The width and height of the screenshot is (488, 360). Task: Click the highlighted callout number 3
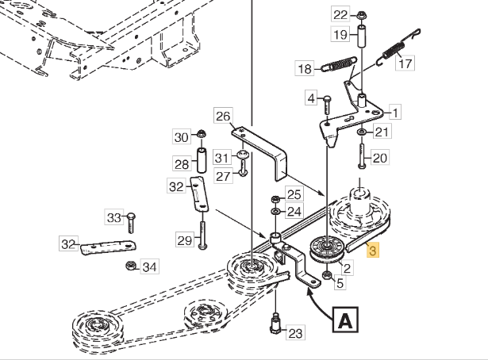[x=373, y=250]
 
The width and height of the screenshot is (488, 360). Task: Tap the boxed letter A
[x=345, y=320]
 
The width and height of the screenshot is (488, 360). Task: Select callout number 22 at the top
[x=340, y=14]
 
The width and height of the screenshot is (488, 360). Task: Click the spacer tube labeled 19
[x=361, y=36]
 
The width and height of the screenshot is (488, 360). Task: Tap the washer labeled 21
[x=361, y=132]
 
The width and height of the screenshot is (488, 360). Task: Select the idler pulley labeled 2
[x=327, y=249]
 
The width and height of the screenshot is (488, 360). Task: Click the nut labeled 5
[x=327, y=275]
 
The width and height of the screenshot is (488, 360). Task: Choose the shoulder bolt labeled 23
[x=275, y=324]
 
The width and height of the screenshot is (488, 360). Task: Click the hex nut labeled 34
[x=131, y=266]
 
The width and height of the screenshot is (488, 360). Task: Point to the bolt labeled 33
[x=131, y=223]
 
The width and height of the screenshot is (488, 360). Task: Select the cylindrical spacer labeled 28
[x=202, y=160]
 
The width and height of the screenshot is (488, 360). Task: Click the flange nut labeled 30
[x=202, y=134]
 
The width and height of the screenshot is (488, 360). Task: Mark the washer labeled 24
[x=275, y=212]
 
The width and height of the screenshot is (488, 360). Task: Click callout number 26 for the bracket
[x=223, y=117]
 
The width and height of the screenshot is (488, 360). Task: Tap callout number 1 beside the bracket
[x=396, y=113]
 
